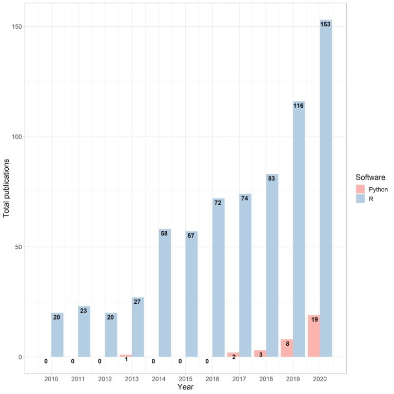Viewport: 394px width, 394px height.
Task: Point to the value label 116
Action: tap(299, 106)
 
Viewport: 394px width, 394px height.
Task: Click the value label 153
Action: tap(326, 24)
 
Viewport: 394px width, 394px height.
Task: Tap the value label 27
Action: tap(137, 302)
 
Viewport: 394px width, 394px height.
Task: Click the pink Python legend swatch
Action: tap(361, 189)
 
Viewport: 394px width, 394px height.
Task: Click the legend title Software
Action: tap(370, 177)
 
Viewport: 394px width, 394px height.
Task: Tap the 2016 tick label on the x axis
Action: tap(212, 379)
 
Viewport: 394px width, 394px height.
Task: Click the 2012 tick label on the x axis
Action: tap(105, 379)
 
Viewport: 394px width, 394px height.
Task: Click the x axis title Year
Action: tap(185, 387)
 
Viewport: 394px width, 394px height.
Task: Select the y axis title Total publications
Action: tap(7, 188)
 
